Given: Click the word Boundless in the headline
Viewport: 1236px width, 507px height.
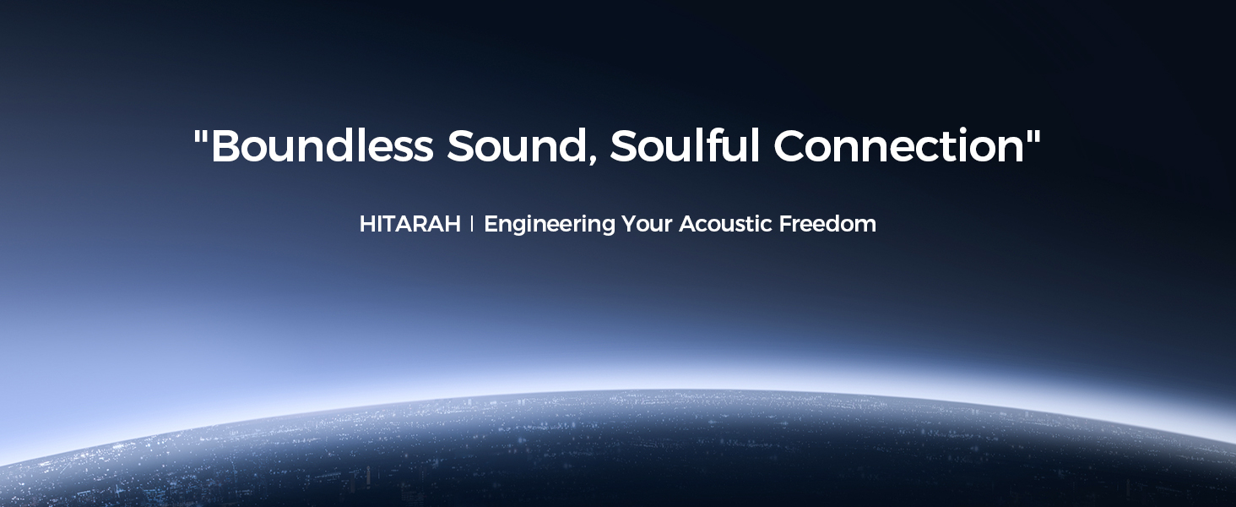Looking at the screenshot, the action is pos(323,145).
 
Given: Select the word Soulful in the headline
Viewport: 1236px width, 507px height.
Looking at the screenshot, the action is pos(685,145).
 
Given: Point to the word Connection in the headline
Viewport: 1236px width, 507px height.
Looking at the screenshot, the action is pos(899,145).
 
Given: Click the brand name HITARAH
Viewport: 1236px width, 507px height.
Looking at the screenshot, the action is pos(410,224).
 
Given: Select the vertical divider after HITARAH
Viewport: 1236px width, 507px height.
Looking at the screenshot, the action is pos(472,224).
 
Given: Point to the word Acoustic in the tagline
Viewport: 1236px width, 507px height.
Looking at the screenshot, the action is pos(725,224).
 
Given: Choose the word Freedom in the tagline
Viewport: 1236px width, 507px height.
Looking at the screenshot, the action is pos(827,223).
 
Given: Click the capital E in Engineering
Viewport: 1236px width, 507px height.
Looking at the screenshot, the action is pos(491,224).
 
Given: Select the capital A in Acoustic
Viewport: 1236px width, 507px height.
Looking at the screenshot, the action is pos(688,224).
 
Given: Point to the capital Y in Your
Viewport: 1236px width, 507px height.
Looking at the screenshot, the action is pos(630,224).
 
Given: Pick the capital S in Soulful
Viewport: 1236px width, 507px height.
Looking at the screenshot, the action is pos(624,146).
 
